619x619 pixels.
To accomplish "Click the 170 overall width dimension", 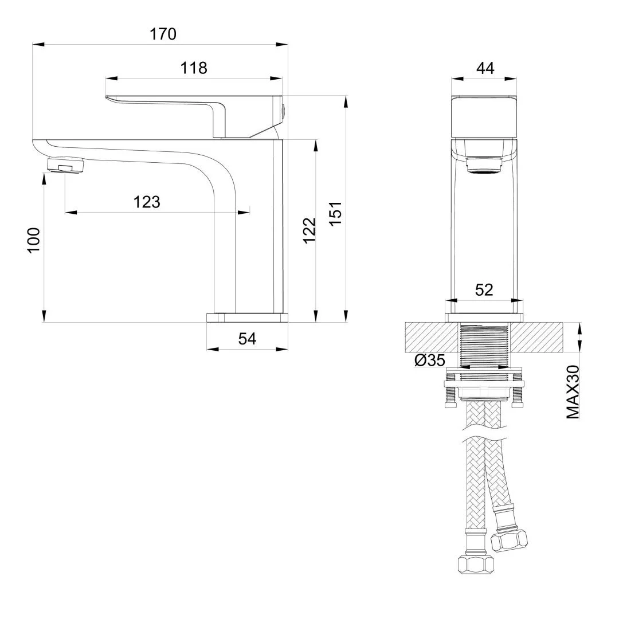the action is [x=163, y=34].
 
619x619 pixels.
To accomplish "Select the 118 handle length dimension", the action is [x=194, y=68].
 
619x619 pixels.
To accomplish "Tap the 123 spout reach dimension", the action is [x=147, y=202].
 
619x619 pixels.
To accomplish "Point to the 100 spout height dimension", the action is [x=34, y=240].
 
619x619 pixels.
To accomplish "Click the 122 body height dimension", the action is [x=310, y=230].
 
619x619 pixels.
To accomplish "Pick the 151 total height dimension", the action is [x=335, y=214].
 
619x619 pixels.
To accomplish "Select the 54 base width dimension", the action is [x=247, y=339].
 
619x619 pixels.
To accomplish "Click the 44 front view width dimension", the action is [x=485, y=68].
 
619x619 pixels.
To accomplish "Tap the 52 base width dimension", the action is [x=484, y=290].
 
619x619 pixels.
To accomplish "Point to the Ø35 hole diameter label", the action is [x=430, y=360].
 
